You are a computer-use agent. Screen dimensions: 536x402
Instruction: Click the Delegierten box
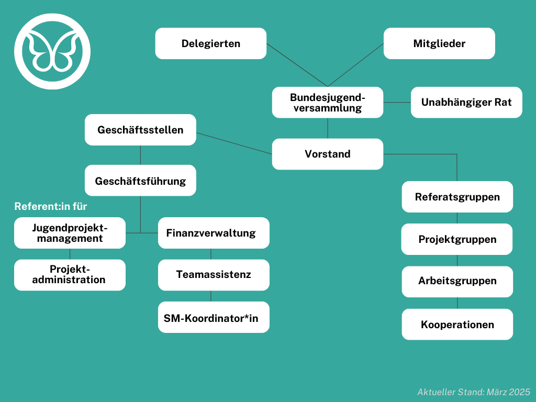[210, 43]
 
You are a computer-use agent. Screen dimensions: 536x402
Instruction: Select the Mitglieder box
[439, 43]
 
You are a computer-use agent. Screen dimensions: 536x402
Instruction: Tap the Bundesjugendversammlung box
[328, 102]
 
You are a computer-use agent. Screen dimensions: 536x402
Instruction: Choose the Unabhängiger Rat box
[466, 102]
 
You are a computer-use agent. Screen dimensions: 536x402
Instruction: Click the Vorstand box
[328, 154]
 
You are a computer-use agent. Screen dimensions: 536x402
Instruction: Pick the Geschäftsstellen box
[140, 130]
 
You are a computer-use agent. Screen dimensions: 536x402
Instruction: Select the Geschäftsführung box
[140, 181]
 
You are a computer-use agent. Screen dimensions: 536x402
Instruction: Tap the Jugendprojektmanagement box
[70, 233]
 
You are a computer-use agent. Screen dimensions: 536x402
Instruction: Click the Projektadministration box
[70, 275]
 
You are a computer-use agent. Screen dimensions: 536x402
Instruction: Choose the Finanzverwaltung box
[214, 233]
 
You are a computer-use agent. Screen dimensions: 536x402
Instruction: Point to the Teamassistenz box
[214, 275]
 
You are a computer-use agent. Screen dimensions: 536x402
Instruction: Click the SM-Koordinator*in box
[214, 317]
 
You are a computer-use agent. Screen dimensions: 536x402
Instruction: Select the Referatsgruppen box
[457, 197]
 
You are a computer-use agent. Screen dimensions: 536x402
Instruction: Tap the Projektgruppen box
[457, 239]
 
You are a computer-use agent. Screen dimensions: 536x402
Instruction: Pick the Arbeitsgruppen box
[457, 282]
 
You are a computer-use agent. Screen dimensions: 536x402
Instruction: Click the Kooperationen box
[457, 325]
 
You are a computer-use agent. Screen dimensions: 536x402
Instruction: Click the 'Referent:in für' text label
[51, 206]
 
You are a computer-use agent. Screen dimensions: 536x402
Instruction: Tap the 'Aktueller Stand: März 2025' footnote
[473, 392]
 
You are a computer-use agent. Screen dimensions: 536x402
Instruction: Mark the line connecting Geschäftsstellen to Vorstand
[234, 143]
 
